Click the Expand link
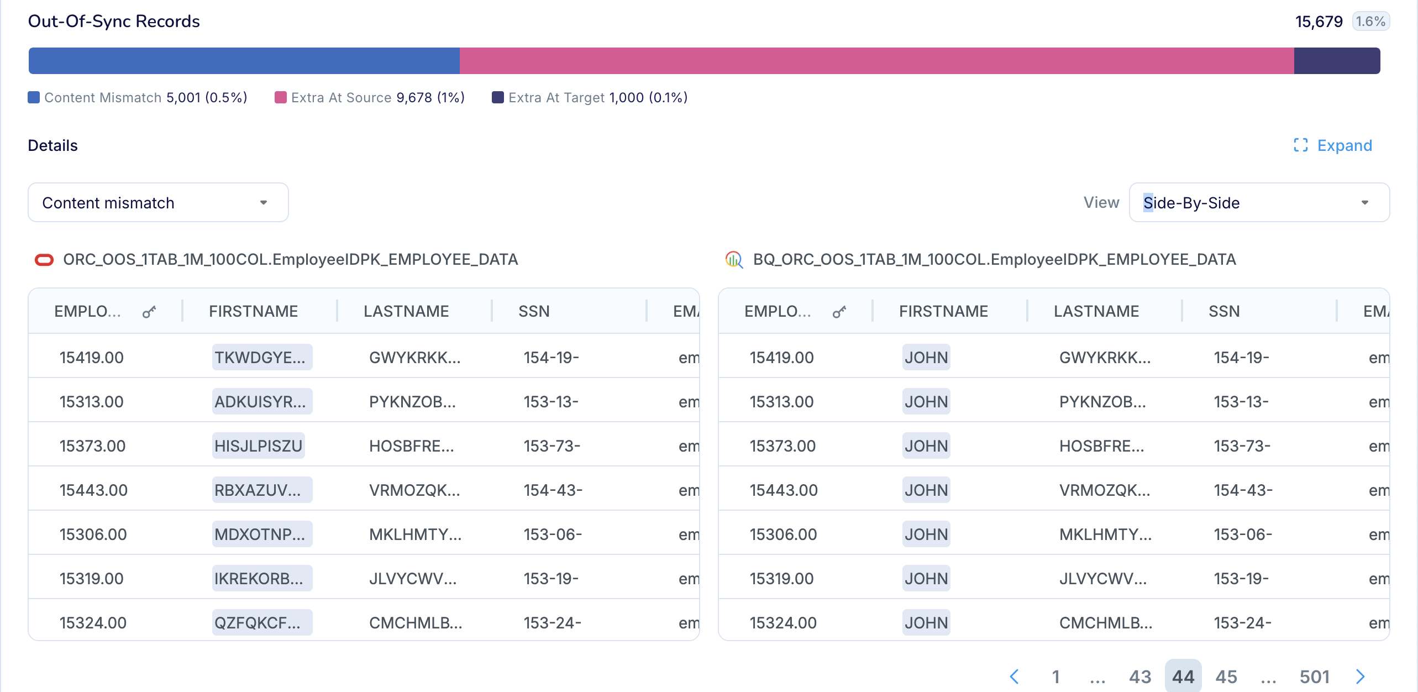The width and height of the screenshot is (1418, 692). click(1333, 145)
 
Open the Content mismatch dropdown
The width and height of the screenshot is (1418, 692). click(158, 203)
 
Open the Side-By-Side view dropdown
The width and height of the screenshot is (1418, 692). click(1259, 203)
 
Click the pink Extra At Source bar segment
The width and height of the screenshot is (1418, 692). click(876, 61)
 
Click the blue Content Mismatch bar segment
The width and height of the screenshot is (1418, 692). click(244, 61)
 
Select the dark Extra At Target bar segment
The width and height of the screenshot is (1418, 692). click(1336, 61)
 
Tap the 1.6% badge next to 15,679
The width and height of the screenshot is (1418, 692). click(1370, 22)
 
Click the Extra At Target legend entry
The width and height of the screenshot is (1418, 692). click(590, 98)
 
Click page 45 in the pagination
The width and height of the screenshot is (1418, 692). click(1226, 677)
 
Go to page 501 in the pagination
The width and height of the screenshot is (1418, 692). click(1314, 677)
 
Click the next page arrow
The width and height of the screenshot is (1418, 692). click(1360, 677)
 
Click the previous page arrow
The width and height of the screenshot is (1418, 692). click(1014, 677)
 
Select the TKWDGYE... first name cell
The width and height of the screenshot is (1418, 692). click(261, 358)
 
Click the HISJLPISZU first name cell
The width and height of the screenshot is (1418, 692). click(258, 446)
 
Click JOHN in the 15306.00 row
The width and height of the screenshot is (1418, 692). click(926, 534)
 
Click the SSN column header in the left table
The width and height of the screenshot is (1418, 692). click(534, 311)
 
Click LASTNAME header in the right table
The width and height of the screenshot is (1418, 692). click(1096, 311)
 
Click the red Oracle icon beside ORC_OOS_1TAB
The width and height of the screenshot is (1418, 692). click(44, 260)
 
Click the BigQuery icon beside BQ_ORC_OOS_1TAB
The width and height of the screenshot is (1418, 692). click(734, 260)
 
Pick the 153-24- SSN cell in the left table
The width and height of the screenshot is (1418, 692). click(552, 623)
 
